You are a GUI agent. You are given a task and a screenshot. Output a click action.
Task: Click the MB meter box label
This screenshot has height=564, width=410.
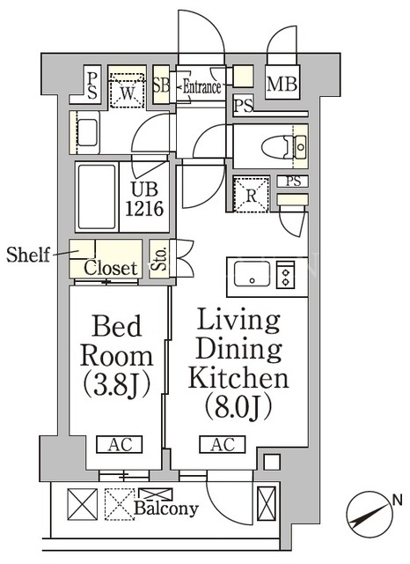point(282,84)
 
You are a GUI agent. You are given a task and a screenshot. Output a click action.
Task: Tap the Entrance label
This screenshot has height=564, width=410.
point(201,86)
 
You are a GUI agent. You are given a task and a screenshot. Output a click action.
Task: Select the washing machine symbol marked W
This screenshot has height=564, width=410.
point(127,91)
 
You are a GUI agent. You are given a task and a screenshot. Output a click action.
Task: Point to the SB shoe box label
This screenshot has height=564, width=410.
point(161,85)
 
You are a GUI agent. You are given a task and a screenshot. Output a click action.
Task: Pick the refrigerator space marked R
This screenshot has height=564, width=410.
point(252,195)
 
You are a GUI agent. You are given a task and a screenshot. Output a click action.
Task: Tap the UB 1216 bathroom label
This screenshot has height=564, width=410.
point(144,198)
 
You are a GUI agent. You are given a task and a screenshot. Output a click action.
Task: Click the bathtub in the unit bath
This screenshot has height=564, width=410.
point(97,197)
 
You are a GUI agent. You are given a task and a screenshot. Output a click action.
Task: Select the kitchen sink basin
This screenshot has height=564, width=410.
point(252,274)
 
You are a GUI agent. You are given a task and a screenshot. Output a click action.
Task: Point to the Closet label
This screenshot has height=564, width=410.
point(111,268)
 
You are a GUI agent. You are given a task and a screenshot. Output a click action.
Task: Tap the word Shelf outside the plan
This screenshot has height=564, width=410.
point(28,255)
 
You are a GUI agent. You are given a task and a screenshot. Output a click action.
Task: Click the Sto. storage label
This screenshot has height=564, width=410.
point(160,258)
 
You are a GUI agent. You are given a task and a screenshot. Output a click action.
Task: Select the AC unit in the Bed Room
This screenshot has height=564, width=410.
point(120,444)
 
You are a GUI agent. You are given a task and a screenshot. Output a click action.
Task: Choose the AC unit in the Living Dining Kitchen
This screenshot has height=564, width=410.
point(223,444)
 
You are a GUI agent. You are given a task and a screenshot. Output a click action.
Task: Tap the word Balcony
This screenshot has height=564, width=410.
point(166,508)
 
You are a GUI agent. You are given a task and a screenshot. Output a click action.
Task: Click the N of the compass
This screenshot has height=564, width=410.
point(398,501)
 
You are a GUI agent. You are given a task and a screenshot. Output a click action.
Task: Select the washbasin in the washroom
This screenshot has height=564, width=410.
point(87,133)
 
